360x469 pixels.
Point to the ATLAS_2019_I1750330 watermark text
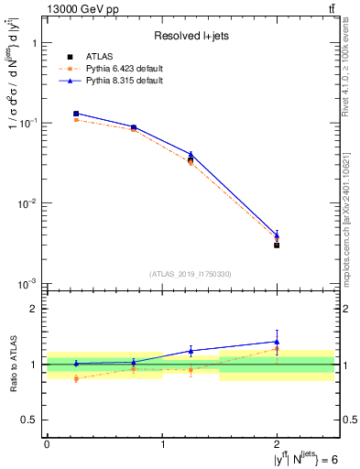[191, 274]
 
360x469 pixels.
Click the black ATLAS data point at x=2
[277, 245]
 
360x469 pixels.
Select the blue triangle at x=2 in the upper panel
[277, 234]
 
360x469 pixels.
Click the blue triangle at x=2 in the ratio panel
[277, 342]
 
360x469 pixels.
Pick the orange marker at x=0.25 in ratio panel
[76, 378]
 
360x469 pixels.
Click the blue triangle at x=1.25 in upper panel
[191, 155]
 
